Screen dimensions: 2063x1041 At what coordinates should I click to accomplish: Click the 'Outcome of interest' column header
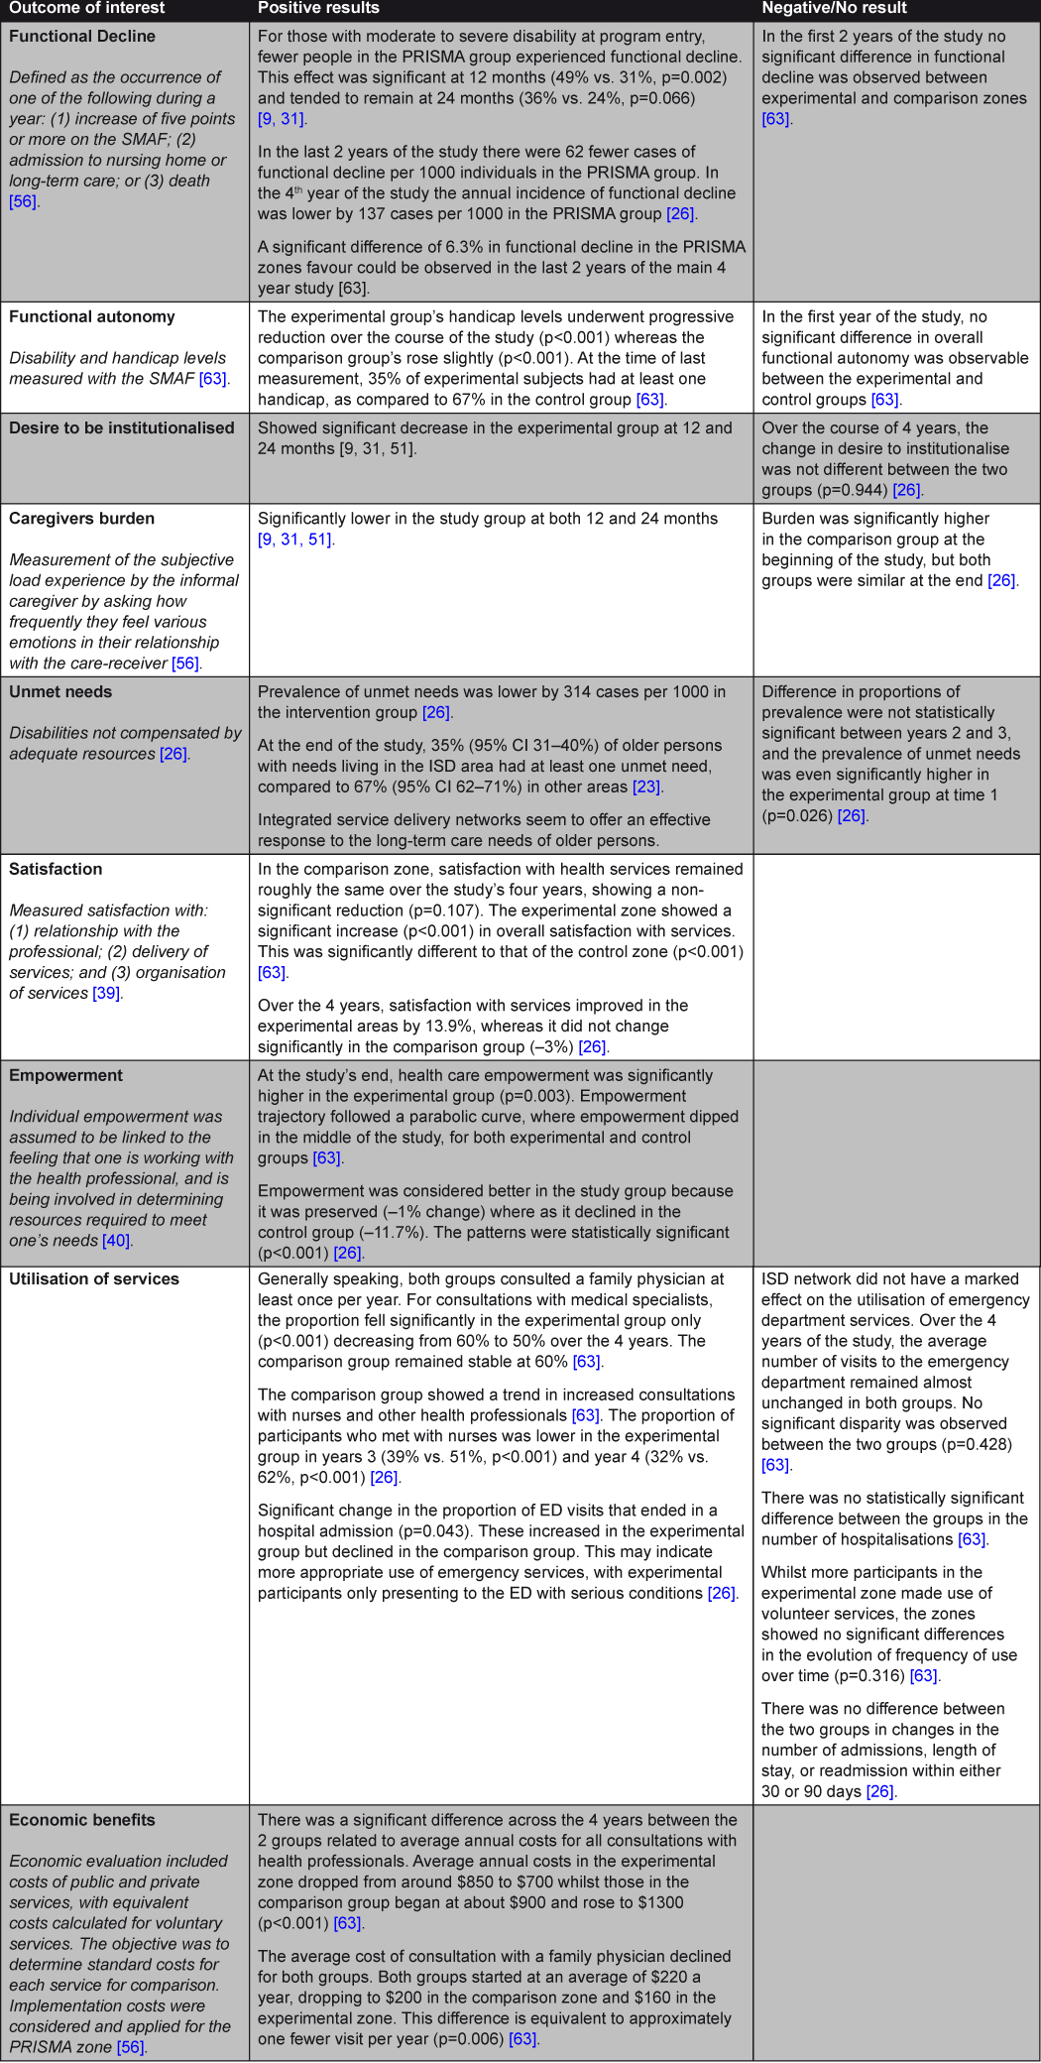point(86,8)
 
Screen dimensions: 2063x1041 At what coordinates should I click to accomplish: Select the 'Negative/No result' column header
point(834,8)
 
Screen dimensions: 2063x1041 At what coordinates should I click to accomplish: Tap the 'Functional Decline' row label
point(82,36)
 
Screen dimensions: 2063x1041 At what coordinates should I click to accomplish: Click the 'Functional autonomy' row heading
point(92,316)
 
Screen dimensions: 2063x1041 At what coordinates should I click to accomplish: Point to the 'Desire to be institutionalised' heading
point(122,427)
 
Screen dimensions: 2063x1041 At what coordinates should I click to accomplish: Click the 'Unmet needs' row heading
point(60,691)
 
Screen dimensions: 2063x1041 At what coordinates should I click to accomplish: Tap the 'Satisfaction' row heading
point(56,869)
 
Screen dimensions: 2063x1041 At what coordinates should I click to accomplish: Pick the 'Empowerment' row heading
point(66,1075)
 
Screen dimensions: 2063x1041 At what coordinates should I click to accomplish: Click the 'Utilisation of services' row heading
point(94,1278)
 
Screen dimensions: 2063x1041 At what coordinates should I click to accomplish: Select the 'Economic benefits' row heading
point(82,1820)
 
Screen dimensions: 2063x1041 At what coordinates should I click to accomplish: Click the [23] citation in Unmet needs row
point(647,787)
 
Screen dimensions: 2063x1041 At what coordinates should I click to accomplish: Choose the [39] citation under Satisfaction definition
point(107,993)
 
